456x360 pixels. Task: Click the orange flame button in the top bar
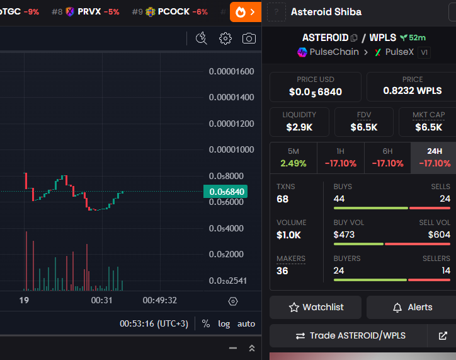245,11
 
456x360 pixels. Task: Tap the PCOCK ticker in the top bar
173,11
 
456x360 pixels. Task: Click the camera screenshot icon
249,38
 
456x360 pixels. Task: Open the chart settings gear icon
225,38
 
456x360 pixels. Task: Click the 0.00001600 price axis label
231,71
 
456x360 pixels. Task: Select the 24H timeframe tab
434,158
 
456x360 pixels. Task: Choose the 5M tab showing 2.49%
293,158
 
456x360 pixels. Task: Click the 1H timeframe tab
340,158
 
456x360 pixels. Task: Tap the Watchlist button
316,307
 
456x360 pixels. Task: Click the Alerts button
412,307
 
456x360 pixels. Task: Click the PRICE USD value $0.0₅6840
315,91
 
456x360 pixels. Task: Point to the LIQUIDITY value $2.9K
299,127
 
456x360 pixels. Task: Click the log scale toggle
224,323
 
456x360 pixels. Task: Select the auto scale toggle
246,323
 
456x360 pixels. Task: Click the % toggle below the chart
206,323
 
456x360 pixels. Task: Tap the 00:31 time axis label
101,300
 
